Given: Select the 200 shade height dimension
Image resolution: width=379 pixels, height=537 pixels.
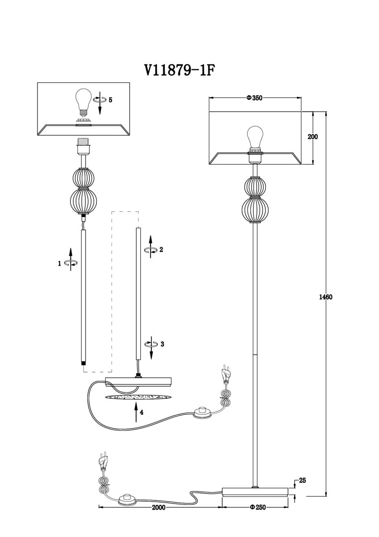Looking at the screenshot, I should pyautogui.click(x=312, y=137).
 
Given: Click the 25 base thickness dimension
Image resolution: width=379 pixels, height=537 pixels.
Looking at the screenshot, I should pyautogui.click(x=302, y=481).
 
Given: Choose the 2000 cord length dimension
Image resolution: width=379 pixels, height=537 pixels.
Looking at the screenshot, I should pyautogui.click(x=159, y=507).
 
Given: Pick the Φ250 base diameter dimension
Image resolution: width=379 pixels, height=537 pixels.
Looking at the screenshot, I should pyautogui.click(x=258, y=507).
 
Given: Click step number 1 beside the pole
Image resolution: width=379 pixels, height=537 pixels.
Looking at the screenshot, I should pyautogui.click(x=59, y=264).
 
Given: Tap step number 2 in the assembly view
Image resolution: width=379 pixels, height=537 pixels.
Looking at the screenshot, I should pyautogui.click(x=161, y=250).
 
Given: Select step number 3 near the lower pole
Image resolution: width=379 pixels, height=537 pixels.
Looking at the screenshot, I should pyautogui.click(x=162, y=344).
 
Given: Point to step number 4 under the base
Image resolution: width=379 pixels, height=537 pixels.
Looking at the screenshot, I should pyautogui.click(x=142, y=413).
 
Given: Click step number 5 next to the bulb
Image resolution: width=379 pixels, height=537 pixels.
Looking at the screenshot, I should pyautogui.click(x=110, y=100).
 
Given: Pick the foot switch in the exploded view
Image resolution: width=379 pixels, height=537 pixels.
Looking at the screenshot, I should pyautogui.click(x=203, y=412).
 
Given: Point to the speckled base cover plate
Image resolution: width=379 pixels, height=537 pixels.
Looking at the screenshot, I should pyautogui.click(x=139, y=397).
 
